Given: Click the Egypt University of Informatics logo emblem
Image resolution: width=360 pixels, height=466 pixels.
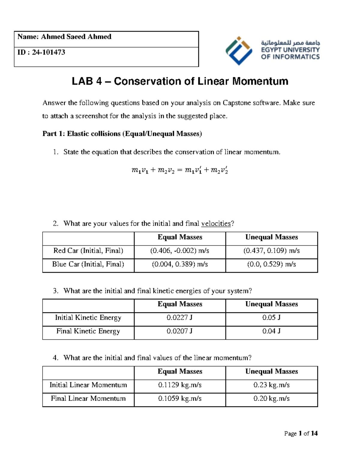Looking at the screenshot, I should pos(239,50).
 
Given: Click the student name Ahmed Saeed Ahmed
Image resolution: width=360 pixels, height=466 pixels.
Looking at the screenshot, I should pos(76,37).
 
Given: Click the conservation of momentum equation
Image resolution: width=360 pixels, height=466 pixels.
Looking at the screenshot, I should pos(179,170).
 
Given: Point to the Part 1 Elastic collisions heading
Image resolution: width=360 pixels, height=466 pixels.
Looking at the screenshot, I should pos(122,134).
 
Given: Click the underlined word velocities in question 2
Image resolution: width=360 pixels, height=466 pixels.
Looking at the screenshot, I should pos(216,224).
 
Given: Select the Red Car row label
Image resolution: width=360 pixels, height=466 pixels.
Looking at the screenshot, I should pos(88,251).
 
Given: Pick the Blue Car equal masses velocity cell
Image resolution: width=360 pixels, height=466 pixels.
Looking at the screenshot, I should pos(180,264).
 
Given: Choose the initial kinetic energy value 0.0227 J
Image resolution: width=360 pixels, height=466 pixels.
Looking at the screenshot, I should pos(180,318).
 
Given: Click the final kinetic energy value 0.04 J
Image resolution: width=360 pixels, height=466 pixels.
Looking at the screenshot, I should pos(271,331).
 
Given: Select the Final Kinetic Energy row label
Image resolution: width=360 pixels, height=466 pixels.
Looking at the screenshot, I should pos(88,331).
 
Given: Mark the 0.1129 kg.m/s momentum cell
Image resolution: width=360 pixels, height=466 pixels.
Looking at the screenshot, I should pos(180,385).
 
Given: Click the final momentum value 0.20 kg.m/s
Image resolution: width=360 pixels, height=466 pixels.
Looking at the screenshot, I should pos(271,398).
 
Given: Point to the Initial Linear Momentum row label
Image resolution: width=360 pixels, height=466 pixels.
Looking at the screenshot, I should pos(88,385).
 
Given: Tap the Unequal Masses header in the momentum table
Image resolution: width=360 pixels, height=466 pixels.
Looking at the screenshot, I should pos(271,371).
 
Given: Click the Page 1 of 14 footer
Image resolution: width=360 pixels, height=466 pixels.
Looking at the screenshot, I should pos(301,434).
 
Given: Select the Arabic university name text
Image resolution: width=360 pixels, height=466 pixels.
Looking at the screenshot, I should pos(290,43).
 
